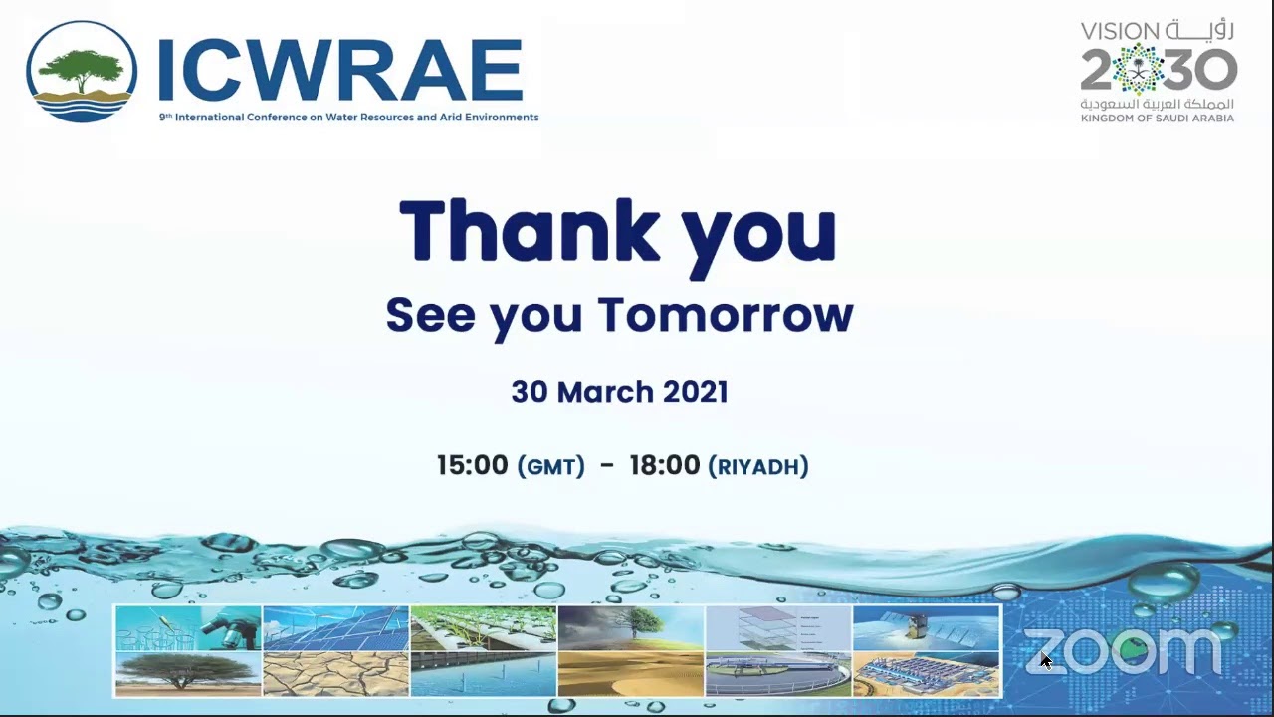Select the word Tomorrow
coord(725,315)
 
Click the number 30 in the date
coord(530,391)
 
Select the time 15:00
coord(472,465)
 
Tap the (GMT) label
coord(550,466)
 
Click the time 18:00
coord(665,465)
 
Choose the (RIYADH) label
coord(757,466)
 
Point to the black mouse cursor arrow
coord(1045,660)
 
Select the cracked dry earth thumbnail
coord(335,674)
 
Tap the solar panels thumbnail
coord(335,627)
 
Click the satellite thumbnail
coord(926,627)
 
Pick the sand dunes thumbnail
coord(630,674)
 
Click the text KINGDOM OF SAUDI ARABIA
coord(1157,119)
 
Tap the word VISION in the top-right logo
coord(1120,31)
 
